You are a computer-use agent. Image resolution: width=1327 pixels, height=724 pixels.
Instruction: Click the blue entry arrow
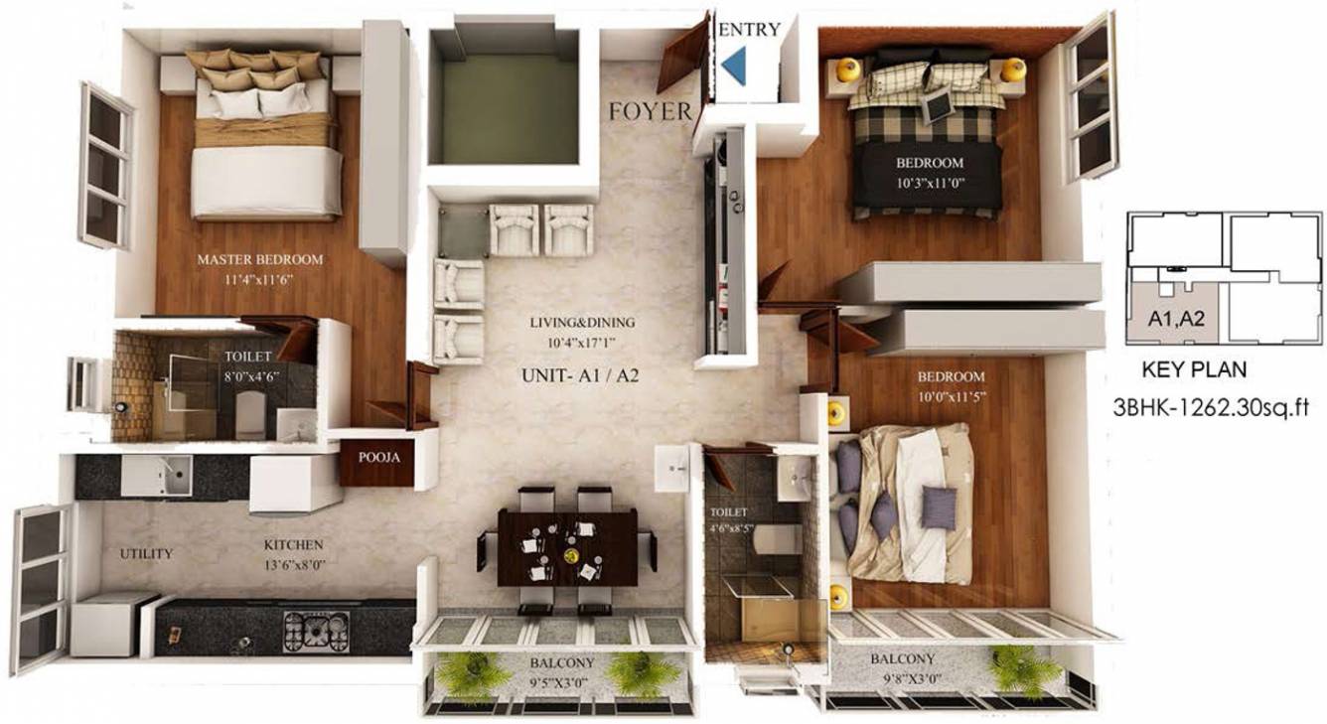(x=735, y=68)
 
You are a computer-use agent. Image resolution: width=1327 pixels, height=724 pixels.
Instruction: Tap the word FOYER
(x=651, y=111)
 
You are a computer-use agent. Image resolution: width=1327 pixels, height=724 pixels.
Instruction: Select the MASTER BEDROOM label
(x=260, y=259)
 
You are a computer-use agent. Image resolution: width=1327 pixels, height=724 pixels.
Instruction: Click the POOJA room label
(x=377, y=458)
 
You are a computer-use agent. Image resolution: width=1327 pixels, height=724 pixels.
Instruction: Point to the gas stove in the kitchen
(x=317, y=630)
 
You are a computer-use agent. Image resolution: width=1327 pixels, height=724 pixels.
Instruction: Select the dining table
(x=567, y=547)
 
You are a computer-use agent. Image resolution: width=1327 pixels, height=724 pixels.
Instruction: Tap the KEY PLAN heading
(x=1195, y=370)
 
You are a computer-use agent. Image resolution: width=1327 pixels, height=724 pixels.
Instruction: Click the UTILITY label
(x=146, y=553)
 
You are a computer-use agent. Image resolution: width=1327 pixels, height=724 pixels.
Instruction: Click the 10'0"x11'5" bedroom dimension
(x=951, y=395)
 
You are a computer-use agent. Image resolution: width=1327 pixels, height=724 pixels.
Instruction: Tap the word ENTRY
(x=749, y=30)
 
